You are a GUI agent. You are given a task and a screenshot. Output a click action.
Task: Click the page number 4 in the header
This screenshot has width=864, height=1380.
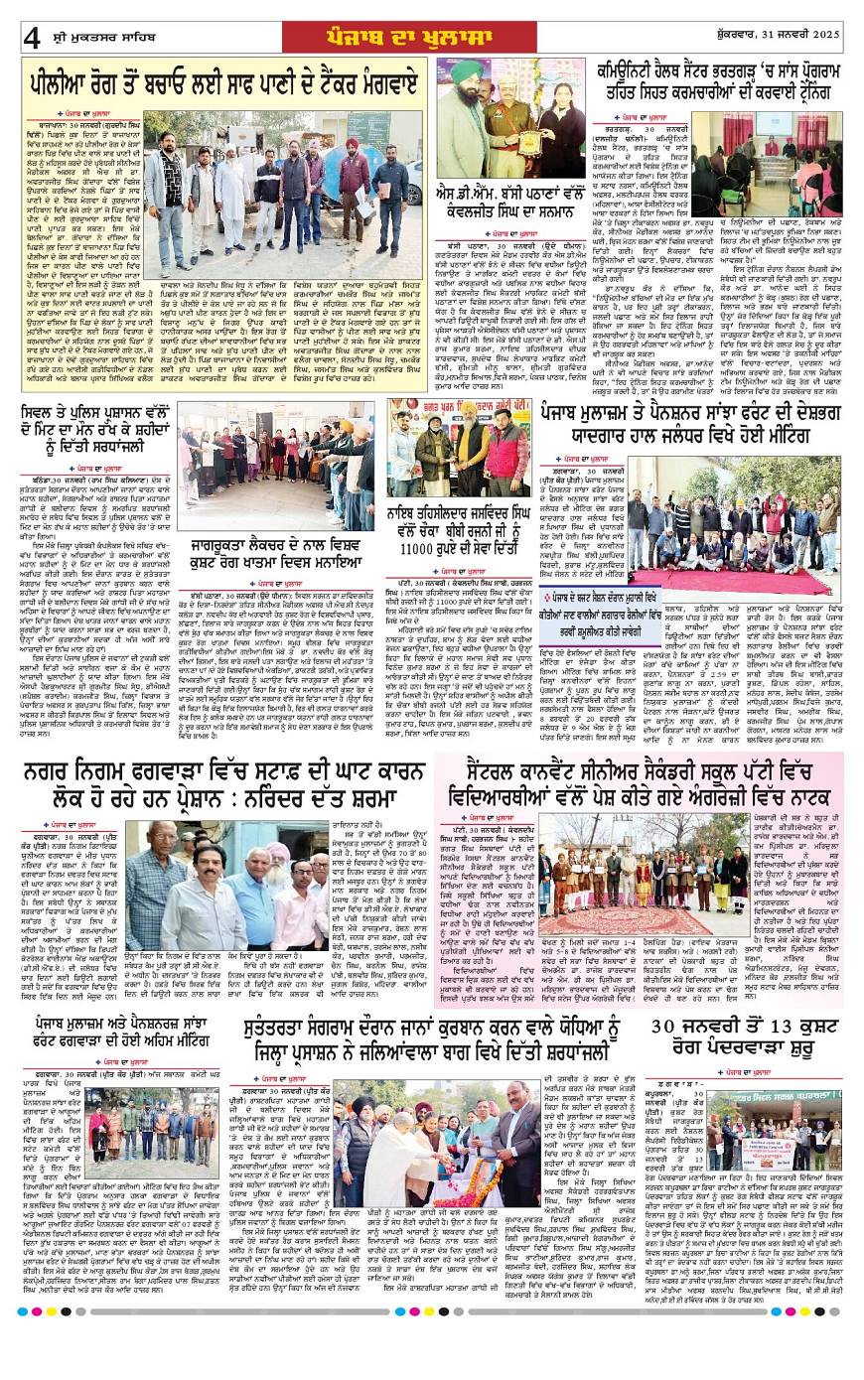click(x=33, y=38)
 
